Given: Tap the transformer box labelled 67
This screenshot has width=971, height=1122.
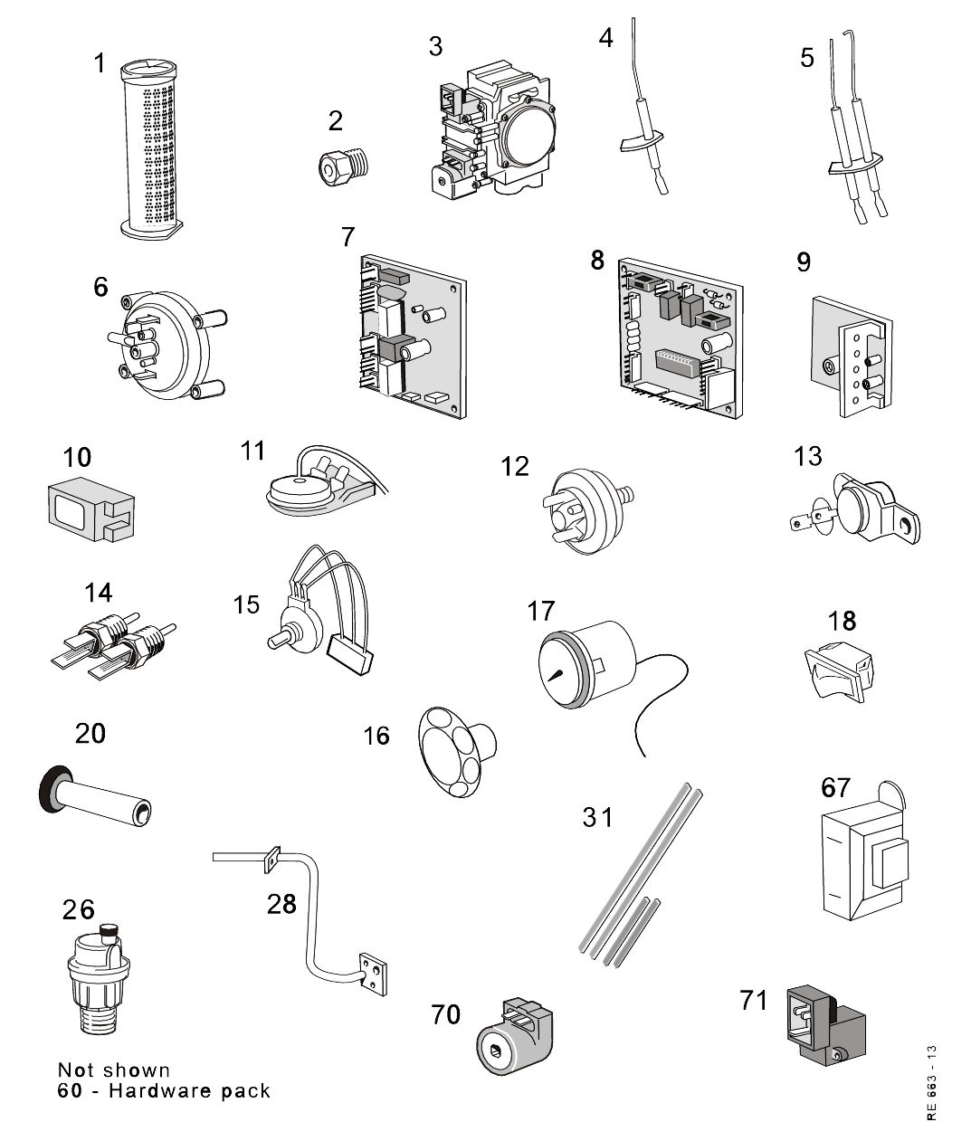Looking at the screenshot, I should click(864, 863).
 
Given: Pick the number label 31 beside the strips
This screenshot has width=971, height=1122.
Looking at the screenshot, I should click(596, 818).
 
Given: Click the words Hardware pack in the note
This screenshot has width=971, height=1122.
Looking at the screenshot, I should click(190, 1090).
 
